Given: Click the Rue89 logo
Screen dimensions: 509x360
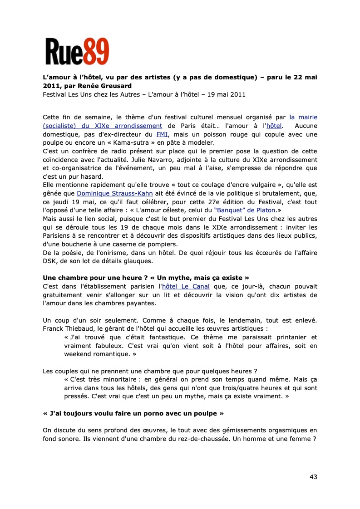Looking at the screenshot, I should [x=77, y=51].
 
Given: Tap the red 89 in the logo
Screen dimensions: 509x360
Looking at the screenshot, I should [x=95, y=51].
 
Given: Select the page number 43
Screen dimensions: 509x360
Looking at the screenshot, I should [x=313, y=476].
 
